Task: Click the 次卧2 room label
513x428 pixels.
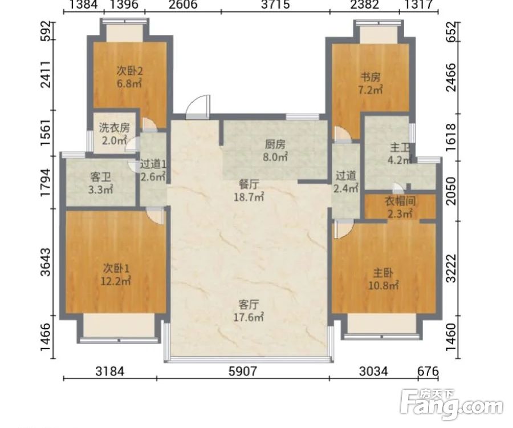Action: (x=130, y=71)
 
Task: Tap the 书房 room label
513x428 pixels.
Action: (x=370, y=77)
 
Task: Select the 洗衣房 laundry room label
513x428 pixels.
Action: (x=114, y=128)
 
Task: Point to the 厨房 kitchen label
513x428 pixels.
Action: (x=275, y=144)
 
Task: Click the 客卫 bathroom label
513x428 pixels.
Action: (x=100, y=177)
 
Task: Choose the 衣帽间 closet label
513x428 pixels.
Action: (x=400, y=201)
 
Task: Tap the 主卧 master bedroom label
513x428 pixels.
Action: (x=383, y=272)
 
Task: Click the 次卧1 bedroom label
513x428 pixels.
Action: (x=116, y=268)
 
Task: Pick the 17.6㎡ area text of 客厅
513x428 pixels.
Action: (x=249, y=317)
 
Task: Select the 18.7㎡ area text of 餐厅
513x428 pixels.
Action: (x=249, y=197)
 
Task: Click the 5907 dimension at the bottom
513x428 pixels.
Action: (x=243, y=372)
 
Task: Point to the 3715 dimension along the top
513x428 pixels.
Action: (x=275, y=5)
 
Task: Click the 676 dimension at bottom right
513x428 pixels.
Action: (x=427, y=372)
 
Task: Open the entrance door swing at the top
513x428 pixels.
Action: (x=198, y=107)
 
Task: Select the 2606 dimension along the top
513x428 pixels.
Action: (x=183, y=5)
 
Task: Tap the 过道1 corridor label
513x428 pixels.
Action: (x=153, y=164)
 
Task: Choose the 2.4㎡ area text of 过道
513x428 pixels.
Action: (x=345, y=188)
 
